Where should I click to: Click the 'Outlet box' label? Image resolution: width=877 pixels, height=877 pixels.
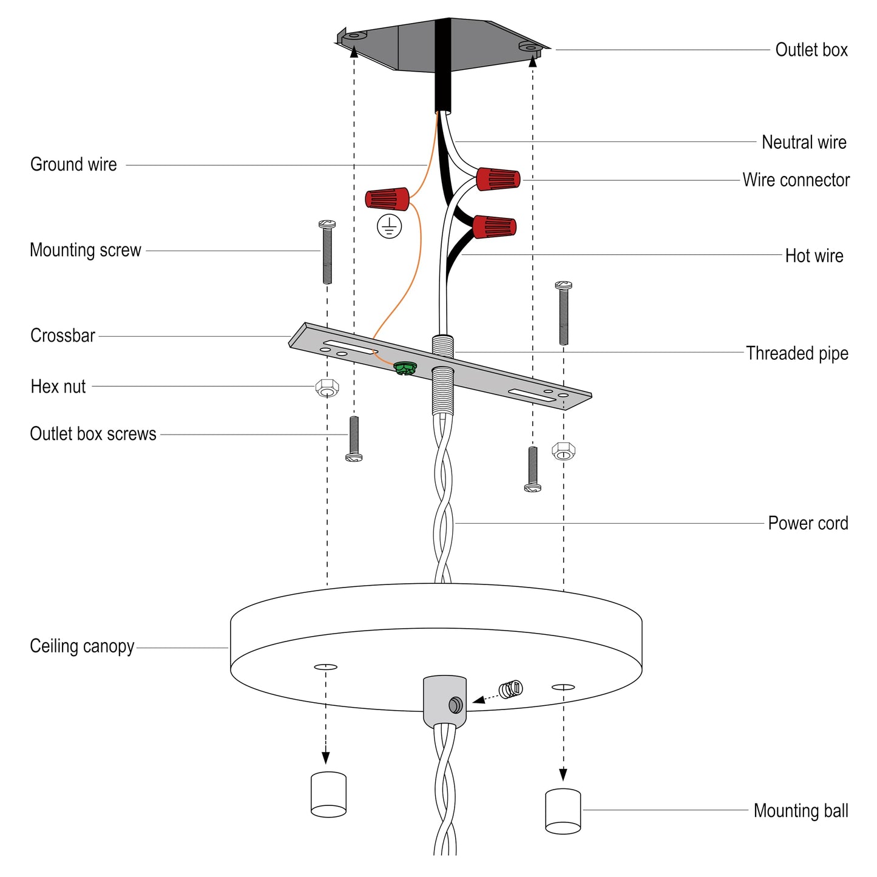(811, 50)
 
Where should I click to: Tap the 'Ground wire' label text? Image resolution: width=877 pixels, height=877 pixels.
(73, 164)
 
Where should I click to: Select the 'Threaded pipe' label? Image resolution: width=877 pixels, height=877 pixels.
(796, 353)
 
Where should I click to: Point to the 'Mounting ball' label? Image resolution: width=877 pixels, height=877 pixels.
(801, 811)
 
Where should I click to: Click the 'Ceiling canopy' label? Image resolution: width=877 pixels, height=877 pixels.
(82, 646)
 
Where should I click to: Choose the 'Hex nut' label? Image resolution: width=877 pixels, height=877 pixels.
(58, 387)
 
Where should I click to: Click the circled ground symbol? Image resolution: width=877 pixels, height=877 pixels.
(389, 226)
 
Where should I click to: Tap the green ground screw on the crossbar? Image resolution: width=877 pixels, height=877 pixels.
(404, 368)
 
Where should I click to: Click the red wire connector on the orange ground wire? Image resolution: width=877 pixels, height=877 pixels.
(387, 198)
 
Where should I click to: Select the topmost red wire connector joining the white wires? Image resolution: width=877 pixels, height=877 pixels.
(498, 179)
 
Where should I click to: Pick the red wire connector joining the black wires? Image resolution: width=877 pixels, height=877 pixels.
(495, 228)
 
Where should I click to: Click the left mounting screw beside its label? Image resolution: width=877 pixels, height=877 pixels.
(327, 252)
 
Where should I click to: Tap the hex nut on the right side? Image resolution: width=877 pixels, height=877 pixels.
(563, 451)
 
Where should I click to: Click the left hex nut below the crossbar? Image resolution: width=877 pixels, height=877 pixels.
(328, 388)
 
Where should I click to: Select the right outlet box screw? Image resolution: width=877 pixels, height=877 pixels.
(532, 469)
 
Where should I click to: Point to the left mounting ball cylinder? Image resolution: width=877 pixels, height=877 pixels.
(328, 794)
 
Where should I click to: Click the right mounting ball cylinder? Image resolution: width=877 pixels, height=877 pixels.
(563, 811)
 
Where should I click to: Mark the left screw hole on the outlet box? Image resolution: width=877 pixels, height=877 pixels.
(354, 36)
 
